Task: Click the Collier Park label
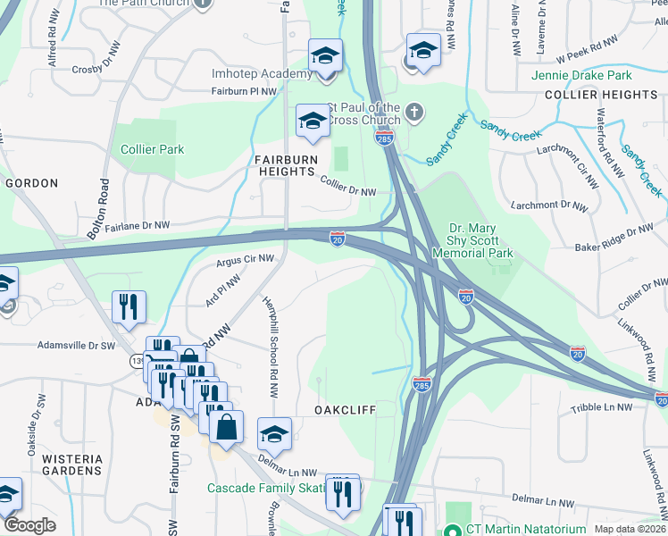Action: tap(153, 149)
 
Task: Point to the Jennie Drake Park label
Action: tap(581, 76)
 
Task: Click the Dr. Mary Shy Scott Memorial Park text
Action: tap(480, 240)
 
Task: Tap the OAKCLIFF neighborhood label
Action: tap(345, 408)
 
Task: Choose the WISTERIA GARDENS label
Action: tap(73, 465)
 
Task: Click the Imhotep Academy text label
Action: tap(248, 73)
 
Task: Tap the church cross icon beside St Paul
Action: tap(413, 113)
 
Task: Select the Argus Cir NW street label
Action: tap(244, 262)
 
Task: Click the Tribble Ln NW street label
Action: tap(601, 407)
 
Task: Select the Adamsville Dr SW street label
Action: tap(76, 344)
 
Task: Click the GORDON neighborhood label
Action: tap(31, 183)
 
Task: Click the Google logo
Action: tap(29, 525)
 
